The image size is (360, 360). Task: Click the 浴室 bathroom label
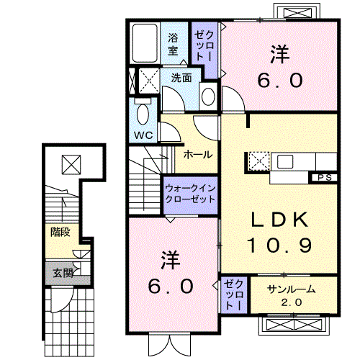tap(174, 44)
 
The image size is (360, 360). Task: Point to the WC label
tap(142, 135)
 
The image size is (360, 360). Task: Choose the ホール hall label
tap(197, 154)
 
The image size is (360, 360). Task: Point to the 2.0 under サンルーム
tap(286, 302)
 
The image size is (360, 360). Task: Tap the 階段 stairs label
tap(60, 232)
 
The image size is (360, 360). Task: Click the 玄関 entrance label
tap(62, 273)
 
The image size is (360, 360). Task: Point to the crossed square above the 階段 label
tap(71, 165)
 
